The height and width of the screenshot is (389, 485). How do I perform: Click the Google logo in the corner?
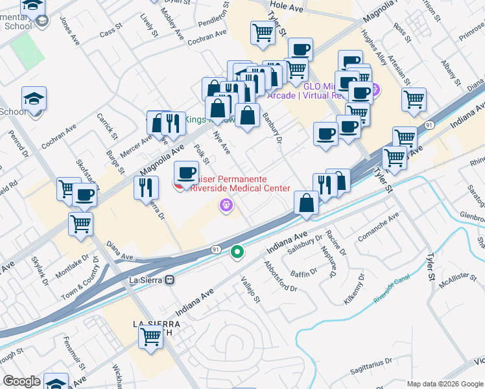pos(21,381)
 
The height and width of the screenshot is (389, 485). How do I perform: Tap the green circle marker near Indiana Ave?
pos(238,252)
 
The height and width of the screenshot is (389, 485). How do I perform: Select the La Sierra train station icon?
pos(170,280)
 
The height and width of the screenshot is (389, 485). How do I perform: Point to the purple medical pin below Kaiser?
pos(226,206)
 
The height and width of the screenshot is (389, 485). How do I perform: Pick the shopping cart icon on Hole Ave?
pos(263,32)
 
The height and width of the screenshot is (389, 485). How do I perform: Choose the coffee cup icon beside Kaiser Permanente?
pos(187,172)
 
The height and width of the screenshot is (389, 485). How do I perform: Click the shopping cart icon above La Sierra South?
pos(150,337)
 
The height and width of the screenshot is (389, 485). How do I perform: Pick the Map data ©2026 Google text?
pos(444,384)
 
